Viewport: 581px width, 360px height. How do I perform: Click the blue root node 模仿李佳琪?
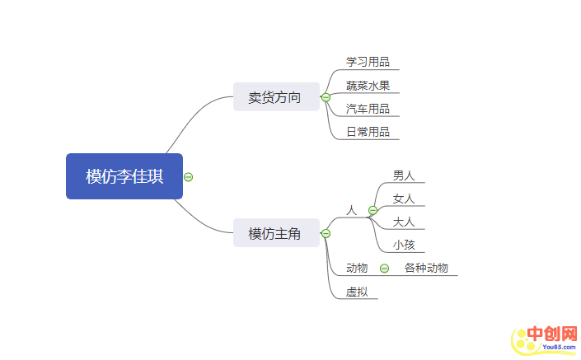[x=124, y=176]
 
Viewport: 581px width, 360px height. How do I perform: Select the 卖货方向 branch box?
[x=274, y=98]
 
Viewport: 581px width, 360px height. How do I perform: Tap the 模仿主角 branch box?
[x=274, y=234]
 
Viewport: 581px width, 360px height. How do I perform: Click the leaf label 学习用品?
[x=368, y=62]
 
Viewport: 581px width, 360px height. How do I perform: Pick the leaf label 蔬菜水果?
[x=368, y=86]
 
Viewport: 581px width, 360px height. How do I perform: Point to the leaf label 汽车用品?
[x=368, y=109]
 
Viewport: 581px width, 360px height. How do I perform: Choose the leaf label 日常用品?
[x=368, y=132]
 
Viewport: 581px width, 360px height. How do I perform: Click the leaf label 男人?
[x=404, y=175]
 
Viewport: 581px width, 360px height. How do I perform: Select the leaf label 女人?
[x=404, y=199]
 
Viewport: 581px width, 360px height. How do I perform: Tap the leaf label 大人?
[x=404, y=222]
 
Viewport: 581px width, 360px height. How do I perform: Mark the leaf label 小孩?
[x=404, y=245]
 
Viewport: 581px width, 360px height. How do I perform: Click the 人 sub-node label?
[x=352, y=211]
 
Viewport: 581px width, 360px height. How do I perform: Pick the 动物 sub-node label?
[x=357, y=268]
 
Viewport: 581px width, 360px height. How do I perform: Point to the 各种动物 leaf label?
[x=426, y=268]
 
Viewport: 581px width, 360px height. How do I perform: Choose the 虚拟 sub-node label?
[x=357, y=292]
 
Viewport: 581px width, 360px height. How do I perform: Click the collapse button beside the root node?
[x=189, y=176]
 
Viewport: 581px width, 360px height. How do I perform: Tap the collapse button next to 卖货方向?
[x=326, y=98]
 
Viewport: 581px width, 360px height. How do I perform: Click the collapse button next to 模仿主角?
[x=326, y=234]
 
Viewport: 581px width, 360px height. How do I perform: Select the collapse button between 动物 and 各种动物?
[x=384, y=269]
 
